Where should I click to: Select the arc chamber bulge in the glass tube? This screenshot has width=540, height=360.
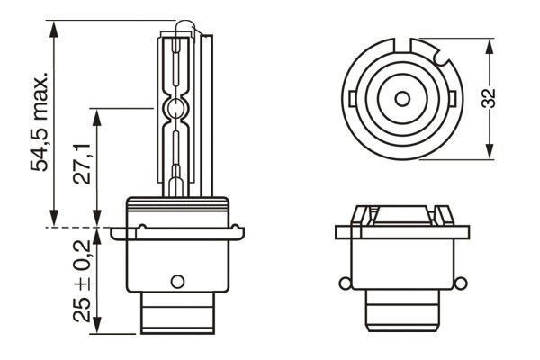pos(176,109)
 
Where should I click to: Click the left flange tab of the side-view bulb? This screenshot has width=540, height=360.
pos(119,233)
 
